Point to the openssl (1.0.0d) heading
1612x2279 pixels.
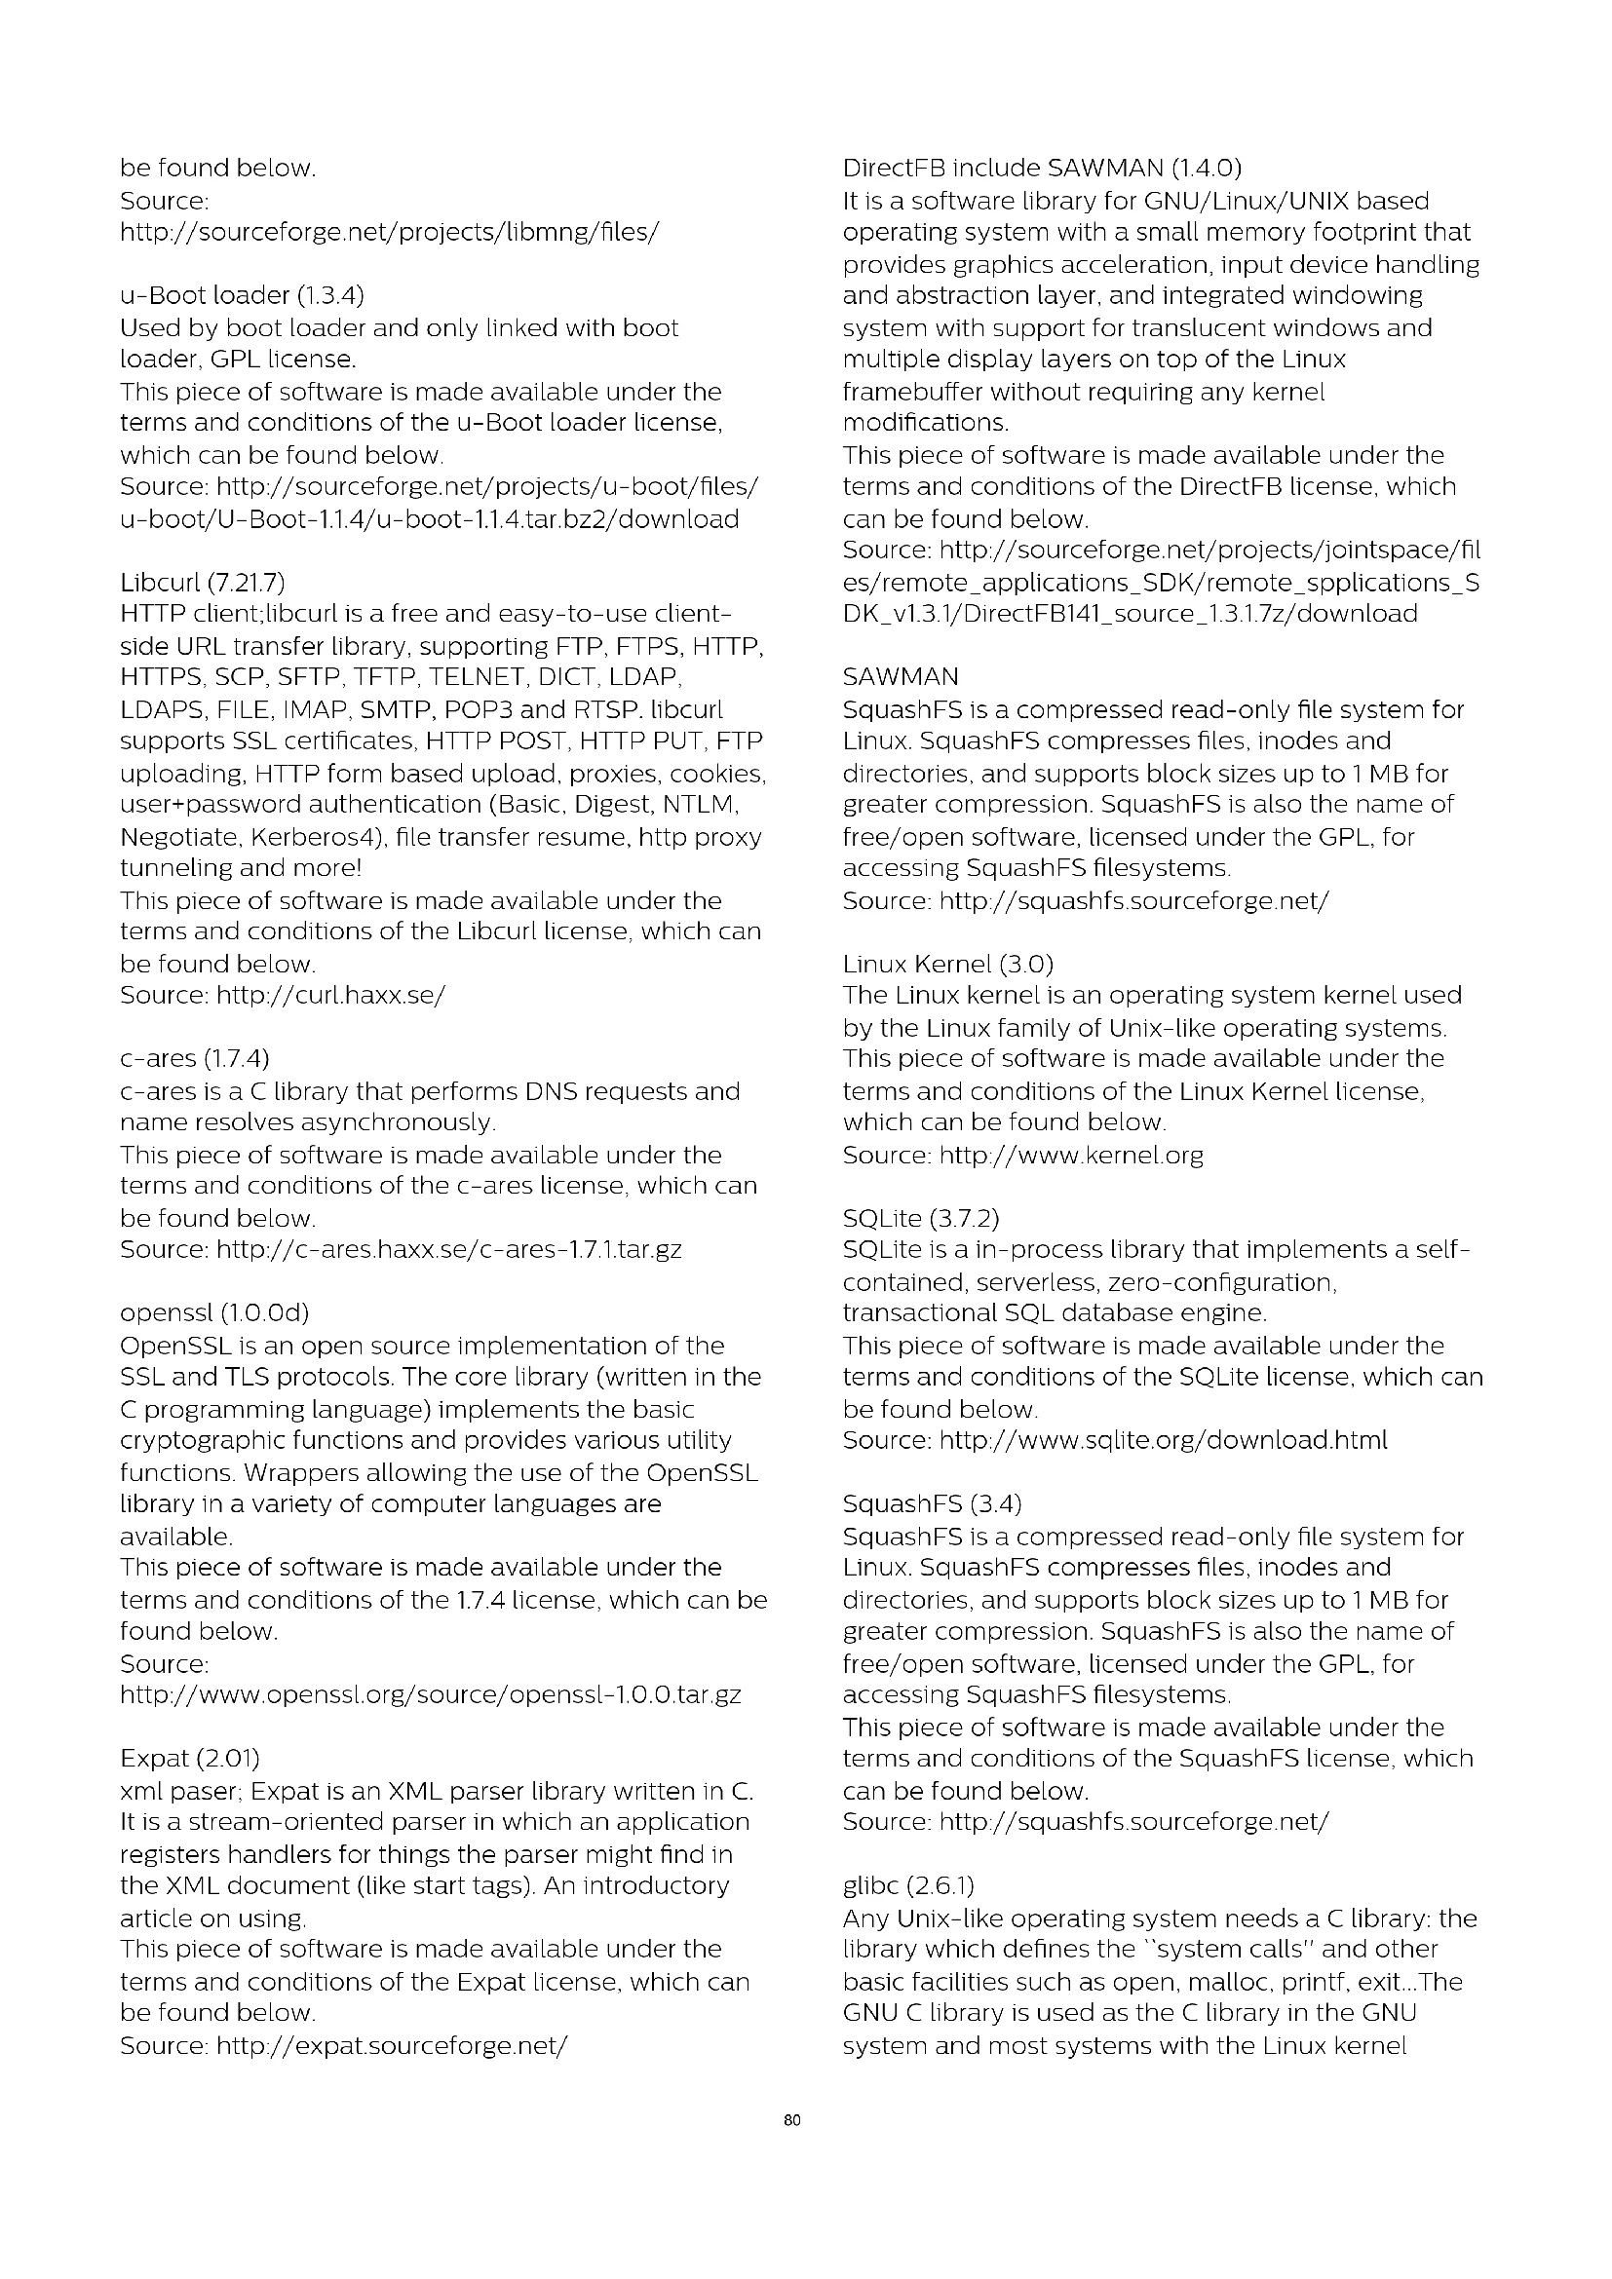coord(214,1314)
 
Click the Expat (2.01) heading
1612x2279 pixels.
coord(190,1760)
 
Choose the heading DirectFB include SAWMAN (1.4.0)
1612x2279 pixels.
coord(1041,169)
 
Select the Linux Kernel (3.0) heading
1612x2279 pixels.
coord(948,965)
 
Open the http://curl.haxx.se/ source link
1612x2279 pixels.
coord(330,996)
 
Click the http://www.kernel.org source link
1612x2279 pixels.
coord(1071,1156)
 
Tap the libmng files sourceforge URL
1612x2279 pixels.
coord(389,233)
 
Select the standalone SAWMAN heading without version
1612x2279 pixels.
coord(901,678)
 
